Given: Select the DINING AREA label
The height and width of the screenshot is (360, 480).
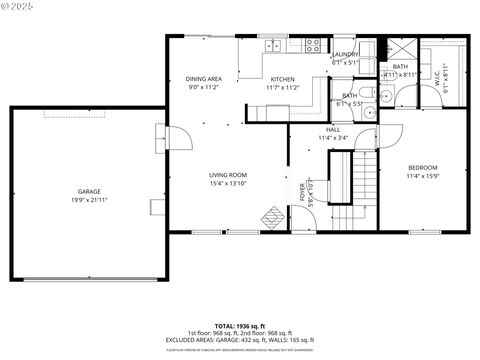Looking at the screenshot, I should [x=203, y=79].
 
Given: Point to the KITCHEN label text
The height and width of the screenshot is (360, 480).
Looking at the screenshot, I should [x=281, y=79].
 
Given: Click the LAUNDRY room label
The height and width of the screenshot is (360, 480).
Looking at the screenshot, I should [x=346, y=54].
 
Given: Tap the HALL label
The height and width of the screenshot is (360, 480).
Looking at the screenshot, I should [x=333, y=129].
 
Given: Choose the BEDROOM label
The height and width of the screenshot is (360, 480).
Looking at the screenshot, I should [x=423, y=167].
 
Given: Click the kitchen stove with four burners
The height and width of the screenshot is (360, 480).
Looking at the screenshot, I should [x=313, y=45].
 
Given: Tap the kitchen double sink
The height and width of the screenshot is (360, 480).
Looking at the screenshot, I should [x=271, y=45].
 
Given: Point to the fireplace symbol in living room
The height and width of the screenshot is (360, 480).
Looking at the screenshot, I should [x=272, y=217].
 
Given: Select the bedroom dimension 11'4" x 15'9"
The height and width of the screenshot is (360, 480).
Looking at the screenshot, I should [x=423, y=176].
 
